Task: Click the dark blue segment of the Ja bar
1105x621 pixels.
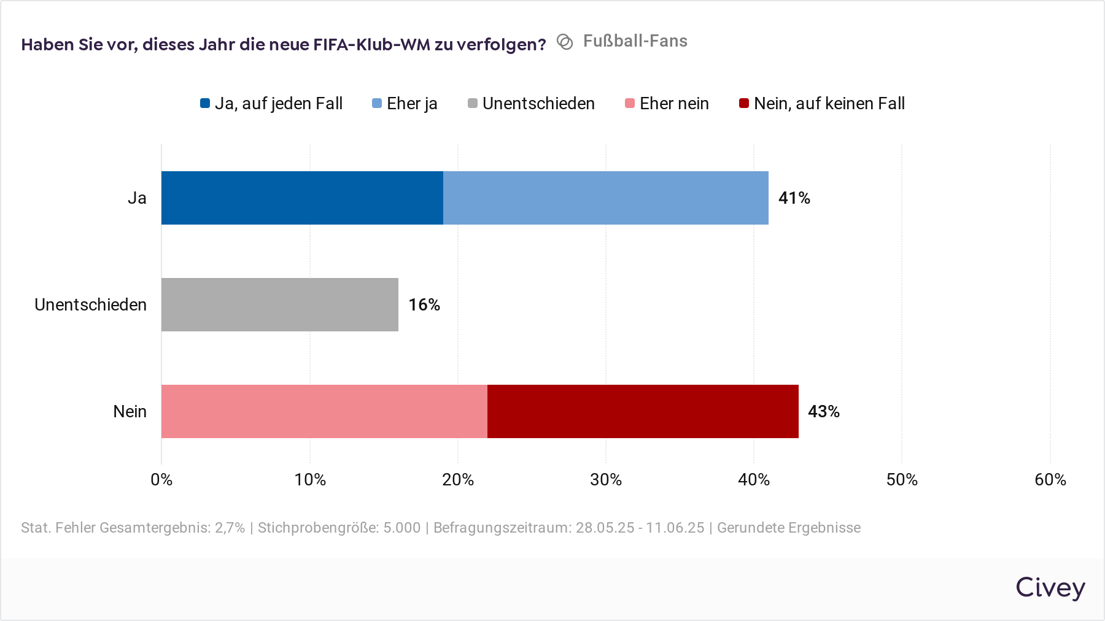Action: pyautogui.click(x=302, y=198)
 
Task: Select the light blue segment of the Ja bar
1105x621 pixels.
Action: pyautogui.click(x=605, y=198)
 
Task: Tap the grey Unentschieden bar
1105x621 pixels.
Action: pyautogui.click(x=279, y=304)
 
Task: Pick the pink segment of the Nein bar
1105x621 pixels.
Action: pyautogui.click(x=324, y=411)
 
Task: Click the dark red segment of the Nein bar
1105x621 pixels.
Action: pyautogui.click(x=643, y=411)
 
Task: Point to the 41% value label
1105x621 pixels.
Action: pyautogui.click(x=794, y=198)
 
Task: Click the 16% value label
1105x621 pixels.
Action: pyautogui.click(x=424, y=304)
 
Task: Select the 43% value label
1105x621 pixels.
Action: pyautogui.click(x=823, y=411)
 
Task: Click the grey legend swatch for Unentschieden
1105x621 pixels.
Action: pyautogui.click(x=473, y=103)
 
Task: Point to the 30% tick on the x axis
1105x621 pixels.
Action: pyautogui.click(x=606, y=479)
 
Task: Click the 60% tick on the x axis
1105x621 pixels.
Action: pyautogui.click(x=1050, y=479)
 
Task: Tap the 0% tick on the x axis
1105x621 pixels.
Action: pyautogui.click(x=161, y=479)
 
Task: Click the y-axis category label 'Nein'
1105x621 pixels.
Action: pyautogui.click(x=130, y=411)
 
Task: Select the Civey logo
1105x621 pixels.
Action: pyautogui.click(x=1050, y=587)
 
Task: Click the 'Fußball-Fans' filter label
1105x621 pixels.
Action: pyautogui.click(x=635, y=41)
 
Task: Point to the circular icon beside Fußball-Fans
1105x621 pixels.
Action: pyautogui.click(x=565, y=42)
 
